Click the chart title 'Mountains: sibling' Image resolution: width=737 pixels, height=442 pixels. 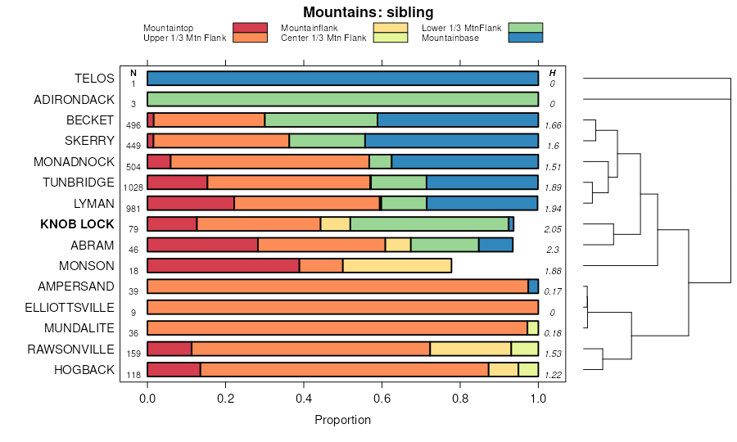pyautogui.click(x=368, y=12)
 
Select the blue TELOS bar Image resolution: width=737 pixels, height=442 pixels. pyautogui.click(x=342, y=79)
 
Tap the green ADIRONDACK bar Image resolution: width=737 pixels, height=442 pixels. pyautogui.click(x=342, y=99)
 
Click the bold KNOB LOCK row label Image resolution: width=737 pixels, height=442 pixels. pyautogui.click(x=77, y=223)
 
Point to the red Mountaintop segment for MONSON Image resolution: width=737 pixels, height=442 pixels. pyautogui.click(x=223, y=265)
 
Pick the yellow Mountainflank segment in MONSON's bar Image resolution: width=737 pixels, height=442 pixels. pyautogui.click(x=396, y=265)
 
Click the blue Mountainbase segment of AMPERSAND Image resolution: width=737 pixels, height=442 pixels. pyautogui.click(x=533, y=286)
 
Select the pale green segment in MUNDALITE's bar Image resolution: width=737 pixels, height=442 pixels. pyautogui.click(x=533, y=328)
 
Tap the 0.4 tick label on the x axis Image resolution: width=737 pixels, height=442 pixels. pyautogui.click(x=304, y=398)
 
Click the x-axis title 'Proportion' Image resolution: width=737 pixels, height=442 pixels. pyautogui.click(x=342, y=420)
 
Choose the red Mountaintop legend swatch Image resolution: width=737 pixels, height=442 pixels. pyautogui.click(x=250, y=28)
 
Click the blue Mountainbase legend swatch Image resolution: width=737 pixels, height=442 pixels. pyautogui.click(x=525, y=38)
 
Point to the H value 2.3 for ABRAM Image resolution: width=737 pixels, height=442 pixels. pyautogui.click(x=553, y=250)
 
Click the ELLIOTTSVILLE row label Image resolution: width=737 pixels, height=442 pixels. pyautogui.click(x=74, y=307)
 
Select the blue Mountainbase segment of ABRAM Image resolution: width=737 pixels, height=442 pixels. pyautogui.click(x=495, y=245)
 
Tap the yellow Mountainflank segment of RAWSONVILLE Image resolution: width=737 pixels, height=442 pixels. pyautogui.click(x=470, y=349)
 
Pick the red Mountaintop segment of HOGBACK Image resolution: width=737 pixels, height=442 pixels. pyautogui.click(x=174, y=370)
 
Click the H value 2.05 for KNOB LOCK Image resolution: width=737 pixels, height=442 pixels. pyautogui.click(x=553, y=229)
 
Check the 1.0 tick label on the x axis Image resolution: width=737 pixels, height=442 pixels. pyautogui.click(x=538, y=398)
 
